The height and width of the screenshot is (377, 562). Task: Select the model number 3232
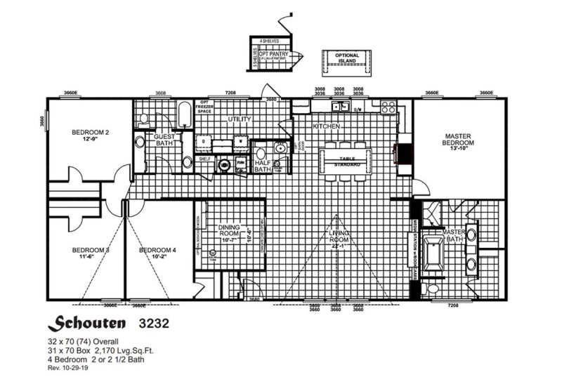coord(152,324)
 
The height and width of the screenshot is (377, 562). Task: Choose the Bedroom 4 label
coord(157,250)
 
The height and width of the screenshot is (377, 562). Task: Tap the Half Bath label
coord(263,165)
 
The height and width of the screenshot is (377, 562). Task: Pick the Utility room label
coord(239,119)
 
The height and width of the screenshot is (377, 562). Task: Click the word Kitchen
coord(327,126)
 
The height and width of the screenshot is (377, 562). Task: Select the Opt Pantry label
coord(275,53)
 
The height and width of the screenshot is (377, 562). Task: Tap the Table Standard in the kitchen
coord(347,161)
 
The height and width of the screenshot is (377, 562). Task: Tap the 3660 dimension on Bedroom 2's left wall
coord(43,121)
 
